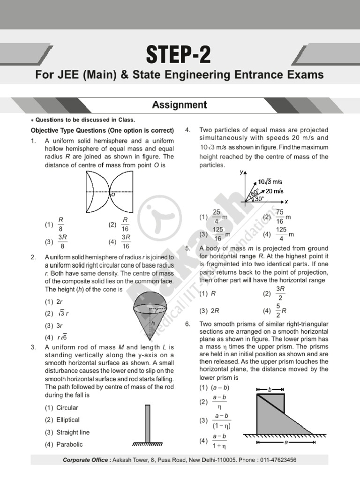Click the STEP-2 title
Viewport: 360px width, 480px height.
click(x=180, y=56)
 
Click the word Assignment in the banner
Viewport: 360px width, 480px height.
click(x=180, y=105)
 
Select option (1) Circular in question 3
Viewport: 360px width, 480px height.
click(x=62, y=408)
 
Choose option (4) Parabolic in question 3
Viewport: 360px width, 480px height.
click(x=64, y=444)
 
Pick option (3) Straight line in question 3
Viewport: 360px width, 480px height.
click(x=67, y=432)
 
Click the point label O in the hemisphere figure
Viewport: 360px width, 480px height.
click(x=112, y=194)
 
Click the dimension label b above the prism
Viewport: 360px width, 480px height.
click(x=270, y=390)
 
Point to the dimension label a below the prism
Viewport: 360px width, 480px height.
click(x=285, y=442)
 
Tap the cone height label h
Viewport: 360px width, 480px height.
click(x=152, y=323)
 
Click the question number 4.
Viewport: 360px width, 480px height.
click(x=187, y=130)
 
